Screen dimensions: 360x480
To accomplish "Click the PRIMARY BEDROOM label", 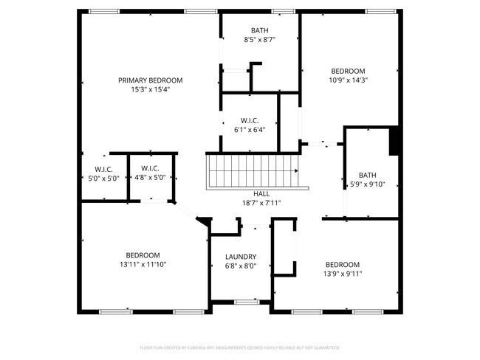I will (150, 80).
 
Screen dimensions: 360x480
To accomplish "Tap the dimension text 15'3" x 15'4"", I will (150, 89).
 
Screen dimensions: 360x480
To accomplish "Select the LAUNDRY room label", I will (240, 257).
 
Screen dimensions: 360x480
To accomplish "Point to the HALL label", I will (261, 193).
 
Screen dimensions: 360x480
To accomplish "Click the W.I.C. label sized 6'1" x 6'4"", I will (249, 120).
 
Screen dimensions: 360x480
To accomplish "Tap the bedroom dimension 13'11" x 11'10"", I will (143, 263).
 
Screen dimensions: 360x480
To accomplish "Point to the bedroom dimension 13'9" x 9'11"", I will (343, 273).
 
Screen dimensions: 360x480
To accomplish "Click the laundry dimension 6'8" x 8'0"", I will (240, 266).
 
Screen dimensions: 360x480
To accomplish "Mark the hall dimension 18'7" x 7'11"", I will (261, 202).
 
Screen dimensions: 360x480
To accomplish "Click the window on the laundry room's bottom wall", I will (245, 301).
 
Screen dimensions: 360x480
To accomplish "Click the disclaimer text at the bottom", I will (240, 347).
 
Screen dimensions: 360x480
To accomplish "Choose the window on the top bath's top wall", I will (282, 12).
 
